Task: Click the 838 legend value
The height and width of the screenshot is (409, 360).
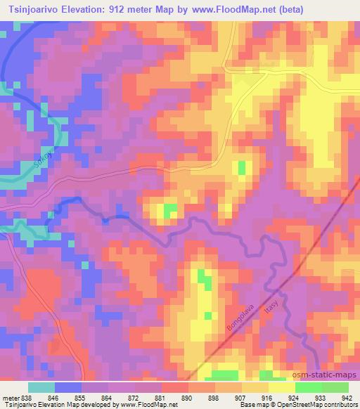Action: point(27,397)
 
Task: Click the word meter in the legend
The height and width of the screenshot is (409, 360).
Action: point(10,397)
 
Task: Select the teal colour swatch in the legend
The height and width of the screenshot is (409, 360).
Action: point(41,387)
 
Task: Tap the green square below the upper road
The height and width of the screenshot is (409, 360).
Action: point(243,167)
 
